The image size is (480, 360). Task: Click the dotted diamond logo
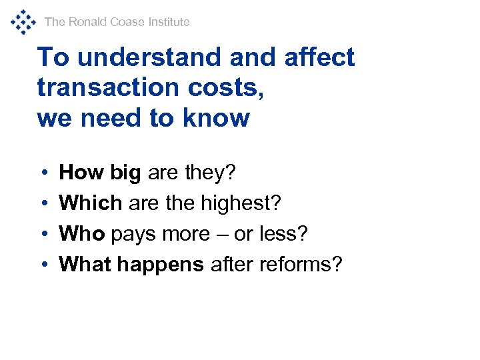click(x=23, y=22)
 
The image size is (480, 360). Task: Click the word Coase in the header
click(x=127, y=22)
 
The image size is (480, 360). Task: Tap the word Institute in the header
click(x=169, y=22)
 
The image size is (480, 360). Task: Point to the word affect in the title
click(x=319, y=57)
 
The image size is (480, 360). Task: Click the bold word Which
click(x=91, y=203)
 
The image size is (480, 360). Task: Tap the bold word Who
click(x=83, y=234)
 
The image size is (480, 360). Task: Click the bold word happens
click(x=161, y=265)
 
